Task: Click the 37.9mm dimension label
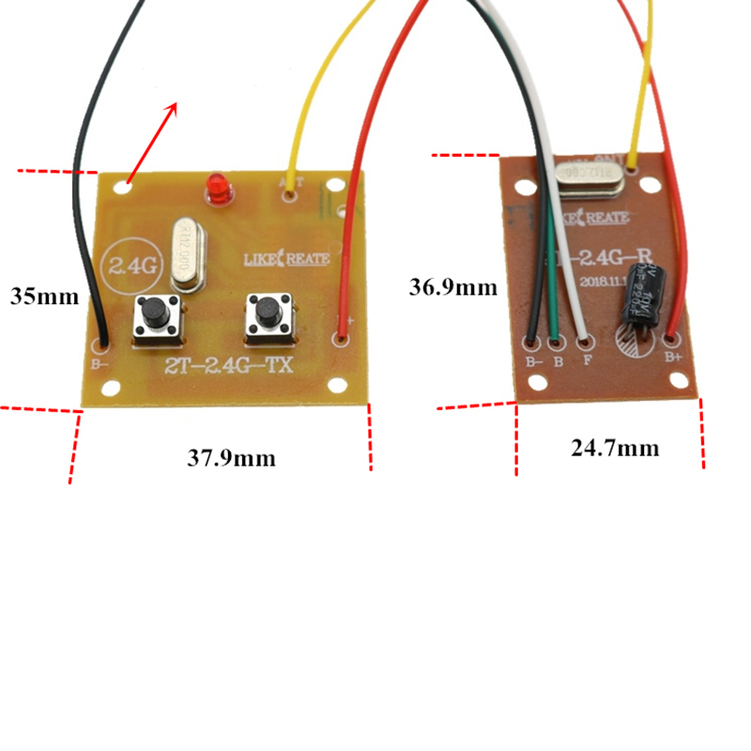click(x=231, y=458)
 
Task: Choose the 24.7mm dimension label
click(x=615, y=448)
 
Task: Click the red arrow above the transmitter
click(x=151, y=141)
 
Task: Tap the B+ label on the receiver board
click(x=673, y=358)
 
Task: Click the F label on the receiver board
click(x=587, y=360)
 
